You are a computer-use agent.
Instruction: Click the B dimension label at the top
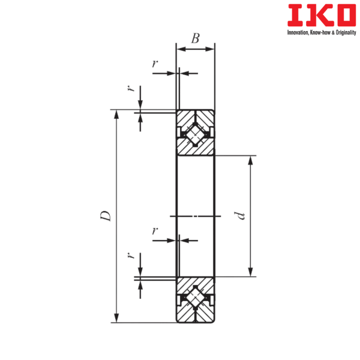(196, 38)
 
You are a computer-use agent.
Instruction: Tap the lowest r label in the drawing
(131, 257)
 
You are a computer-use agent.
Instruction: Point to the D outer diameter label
(106, 216)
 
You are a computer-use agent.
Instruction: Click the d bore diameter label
(241, 216)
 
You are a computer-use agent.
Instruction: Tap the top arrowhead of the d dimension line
(251, 161)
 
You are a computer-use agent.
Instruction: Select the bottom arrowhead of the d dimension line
(251, 272)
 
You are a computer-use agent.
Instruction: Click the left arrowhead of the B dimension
(179, 49)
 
